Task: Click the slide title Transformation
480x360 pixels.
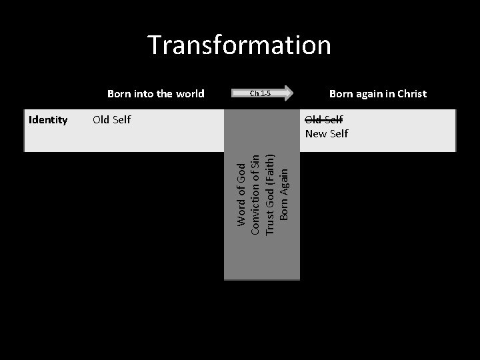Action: pos(239,45)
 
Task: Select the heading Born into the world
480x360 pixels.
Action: pos(156,93)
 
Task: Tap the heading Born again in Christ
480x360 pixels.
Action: pos(378,93)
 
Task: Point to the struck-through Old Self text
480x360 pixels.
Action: pos(323,120)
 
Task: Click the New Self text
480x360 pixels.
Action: pos(326,134)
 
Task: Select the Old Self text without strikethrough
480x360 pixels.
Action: pos(111,120)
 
